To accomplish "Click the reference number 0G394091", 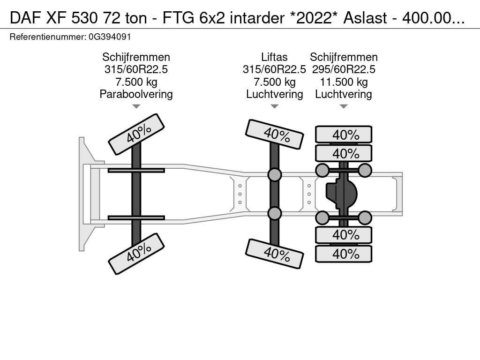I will click(x=109, y=37).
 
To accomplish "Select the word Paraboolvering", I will click(x=136, y=94).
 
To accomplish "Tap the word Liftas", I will click(x=274, y=57).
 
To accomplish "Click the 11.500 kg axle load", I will click(x=344, y=82).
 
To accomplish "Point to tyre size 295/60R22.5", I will click(x=344, y=70).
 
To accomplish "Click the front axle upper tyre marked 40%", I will click(x=136, y=134).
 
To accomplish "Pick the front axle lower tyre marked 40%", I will click(x=136, y=253).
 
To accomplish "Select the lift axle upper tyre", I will click(x=275, y=134).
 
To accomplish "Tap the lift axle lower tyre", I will click(x=275, y=254).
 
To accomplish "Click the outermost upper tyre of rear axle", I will click(x=344, y=135).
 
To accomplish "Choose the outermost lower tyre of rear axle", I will click(x=344, y=254).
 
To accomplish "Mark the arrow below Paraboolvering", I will click(x=136, y=106).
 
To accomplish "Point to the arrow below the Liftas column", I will click(x=275, y=106).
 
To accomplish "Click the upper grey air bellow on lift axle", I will click(x=275, y=175).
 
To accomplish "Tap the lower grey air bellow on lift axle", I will click(x=275, y=213).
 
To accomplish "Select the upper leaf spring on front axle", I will click(x=136, y=170).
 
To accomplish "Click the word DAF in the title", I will click(x=22, y=17).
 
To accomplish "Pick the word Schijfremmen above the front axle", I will click(x=136, y=57).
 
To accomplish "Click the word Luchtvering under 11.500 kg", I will click(x=344, y=94).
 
